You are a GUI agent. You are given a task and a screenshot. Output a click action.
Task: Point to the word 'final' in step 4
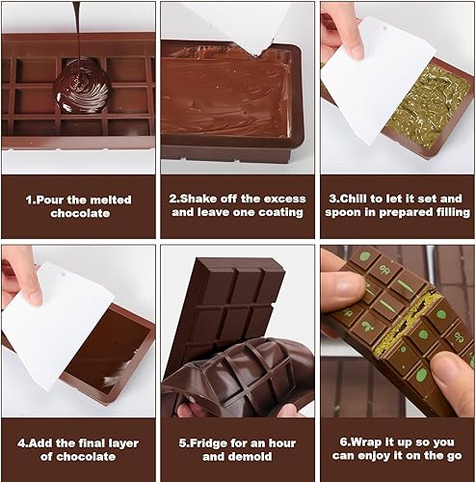click(x=89, y=443)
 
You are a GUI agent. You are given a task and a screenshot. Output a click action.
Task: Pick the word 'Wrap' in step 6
click(x=363, y=442)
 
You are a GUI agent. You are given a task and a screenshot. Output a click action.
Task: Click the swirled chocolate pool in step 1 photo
click(x=82, y=86)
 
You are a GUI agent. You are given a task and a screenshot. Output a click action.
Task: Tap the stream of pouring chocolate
click(x=77, y=31)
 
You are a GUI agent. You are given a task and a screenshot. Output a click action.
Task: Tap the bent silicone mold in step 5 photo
click(x=238, y=376)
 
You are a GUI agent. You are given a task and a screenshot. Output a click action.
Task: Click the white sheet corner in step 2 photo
click(x=257, y=56)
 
